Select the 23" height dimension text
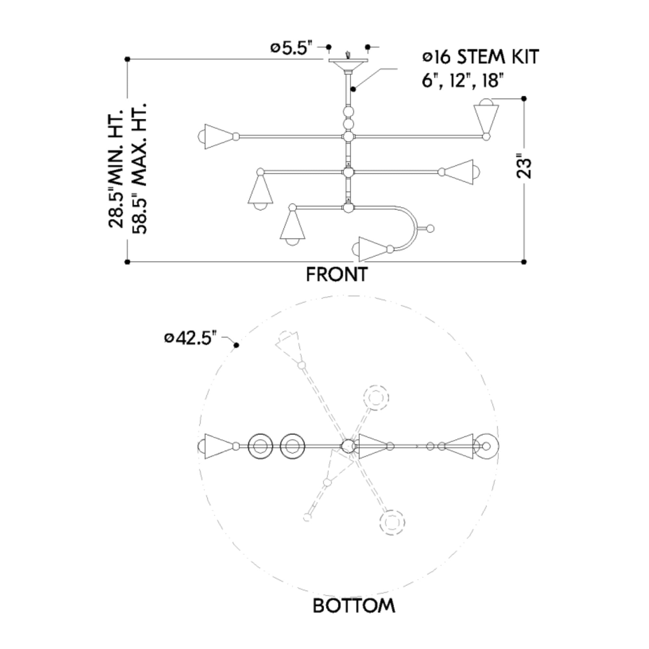pos(524,166)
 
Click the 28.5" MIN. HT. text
pos(116,168)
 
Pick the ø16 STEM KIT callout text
pos(480,57)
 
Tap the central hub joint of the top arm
pos(348,137)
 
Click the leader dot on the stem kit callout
pos(353,89)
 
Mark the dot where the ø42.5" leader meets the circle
pos(237,345)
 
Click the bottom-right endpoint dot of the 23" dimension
pos(524,262)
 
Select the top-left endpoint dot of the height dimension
pos(127,59)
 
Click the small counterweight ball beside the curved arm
pos(430,229)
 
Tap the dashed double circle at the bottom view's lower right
pos(392,523)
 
